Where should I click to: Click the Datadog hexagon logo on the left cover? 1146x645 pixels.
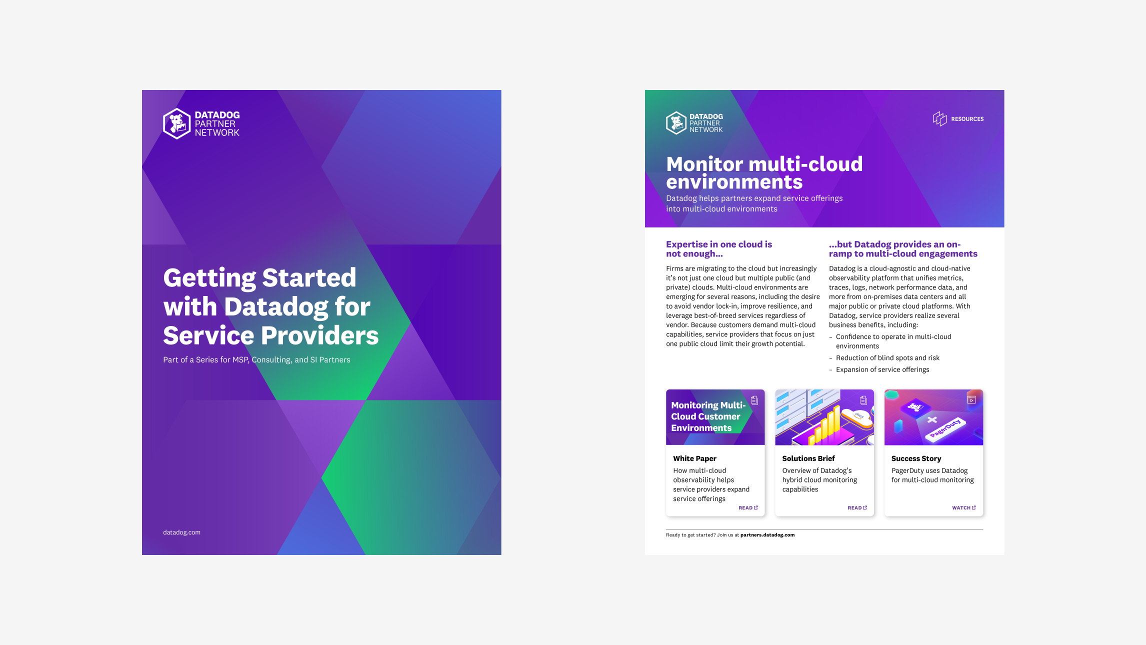[x=177, y=123]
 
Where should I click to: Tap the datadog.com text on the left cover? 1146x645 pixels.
[x=181, y=532]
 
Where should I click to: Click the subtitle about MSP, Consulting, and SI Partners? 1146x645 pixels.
[x=256, y=360]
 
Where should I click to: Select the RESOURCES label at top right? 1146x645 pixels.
[x=967, y=119]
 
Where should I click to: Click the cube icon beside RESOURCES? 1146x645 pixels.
[x=939, y=118]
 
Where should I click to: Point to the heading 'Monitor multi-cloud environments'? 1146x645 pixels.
[x=764, y=173]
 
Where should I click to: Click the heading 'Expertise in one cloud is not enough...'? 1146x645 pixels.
[x=718, y=249]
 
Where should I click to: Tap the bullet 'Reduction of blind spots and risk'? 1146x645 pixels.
[x=887, y=358]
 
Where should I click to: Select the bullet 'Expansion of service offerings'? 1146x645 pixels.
[x=882, y=370]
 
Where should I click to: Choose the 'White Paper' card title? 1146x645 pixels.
[x=694, y=458]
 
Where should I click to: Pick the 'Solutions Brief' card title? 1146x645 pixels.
[x=808, y=458]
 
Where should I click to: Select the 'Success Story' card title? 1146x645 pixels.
[x=916, y=458]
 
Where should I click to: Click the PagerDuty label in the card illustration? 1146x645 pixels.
[x=945, y=428]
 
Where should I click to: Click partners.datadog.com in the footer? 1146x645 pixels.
[x=767, y=535]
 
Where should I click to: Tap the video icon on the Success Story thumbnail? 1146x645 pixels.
[x=971, y=400]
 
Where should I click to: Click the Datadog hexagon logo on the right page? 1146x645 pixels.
[x=676, y=123]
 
